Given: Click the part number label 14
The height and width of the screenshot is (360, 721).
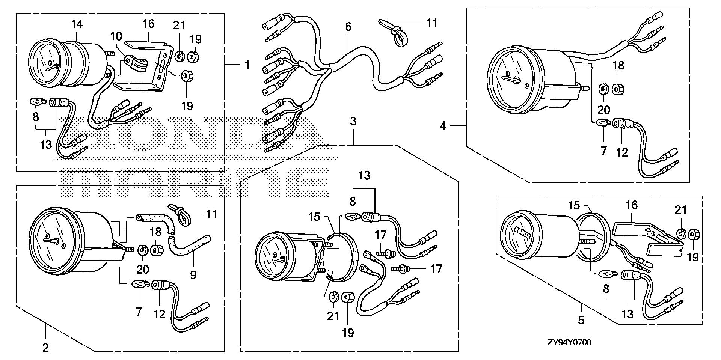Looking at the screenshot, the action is (77, 24).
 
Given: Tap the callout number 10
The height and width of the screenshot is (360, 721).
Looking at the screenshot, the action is (116, 37).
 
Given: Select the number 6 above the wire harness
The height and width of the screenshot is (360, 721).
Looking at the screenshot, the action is (348, 27).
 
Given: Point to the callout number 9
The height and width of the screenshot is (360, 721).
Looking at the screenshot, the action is (193, 275).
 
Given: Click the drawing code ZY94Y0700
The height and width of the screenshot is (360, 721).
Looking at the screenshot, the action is (569, 342).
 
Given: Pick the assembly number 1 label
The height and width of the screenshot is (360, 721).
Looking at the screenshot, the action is (247, 65).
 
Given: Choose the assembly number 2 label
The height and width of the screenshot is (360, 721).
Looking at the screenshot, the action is (45, 348).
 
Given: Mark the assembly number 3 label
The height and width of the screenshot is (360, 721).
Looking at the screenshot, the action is (353, 121).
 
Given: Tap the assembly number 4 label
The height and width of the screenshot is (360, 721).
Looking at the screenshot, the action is (443, 126).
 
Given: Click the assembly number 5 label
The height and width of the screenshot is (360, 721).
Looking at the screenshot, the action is (581, 320).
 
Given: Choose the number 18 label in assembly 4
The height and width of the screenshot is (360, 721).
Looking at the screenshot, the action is (618, 65).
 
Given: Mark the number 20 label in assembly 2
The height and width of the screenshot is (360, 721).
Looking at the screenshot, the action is (143, 269).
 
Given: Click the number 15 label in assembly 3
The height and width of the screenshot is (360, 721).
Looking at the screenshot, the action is (314, 217).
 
